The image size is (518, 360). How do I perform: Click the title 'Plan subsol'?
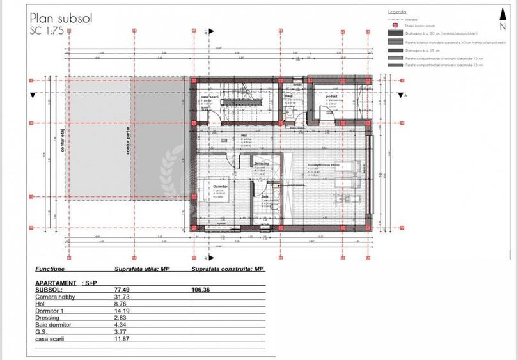point(61,18)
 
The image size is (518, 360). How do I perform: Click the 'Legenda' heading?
point(397,12)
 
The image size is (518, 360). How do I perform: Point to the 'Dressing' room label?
point(262,164)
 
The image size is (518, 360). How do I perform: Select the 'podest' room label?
point(331,96)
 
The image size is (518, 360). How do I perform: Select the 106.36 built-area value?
point(201,290)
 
